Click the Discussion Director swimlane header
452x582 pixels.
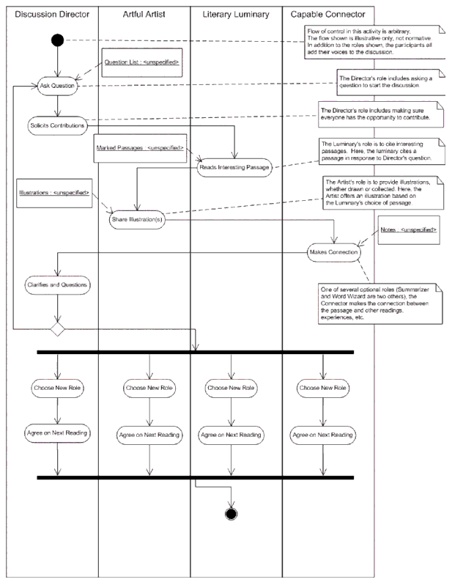[x=50, y=14]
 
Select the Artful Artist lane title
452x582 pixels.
[x=144, y=14]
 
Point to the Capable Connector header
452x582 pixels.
[x=327, y=14]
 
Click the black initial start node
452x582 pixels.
[x=58, y=40]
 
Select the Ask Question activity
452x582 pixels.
[x=58, y=85]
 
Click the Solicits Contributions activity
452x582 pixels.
[x=57, y=124]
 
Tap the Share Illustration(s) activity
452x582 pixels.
[x=138, y=218]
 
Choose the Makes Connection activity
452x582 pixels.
[x=334, y=252]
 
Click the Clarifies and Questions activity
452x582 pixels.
[x=57, y=283]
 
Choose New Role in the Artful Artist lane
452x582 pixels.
[x=149, y=386]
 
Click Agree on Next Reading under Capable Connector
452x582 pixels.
[x=324, y=434]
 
